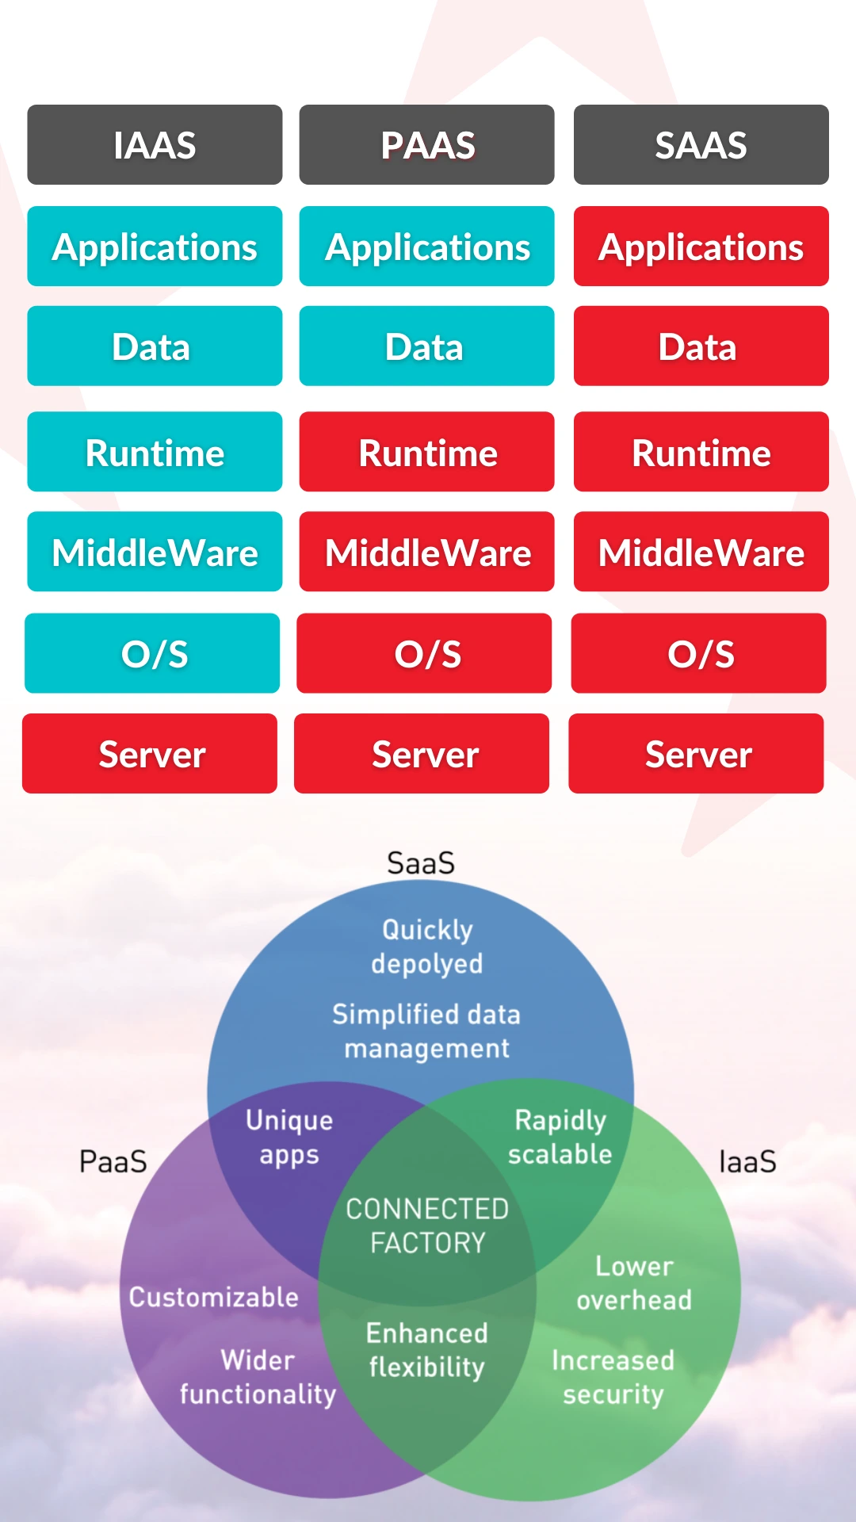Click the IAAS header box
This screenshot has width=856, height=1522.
[x=155, y=145]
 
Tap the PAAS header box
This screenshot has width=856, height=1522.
[x=426, y=145]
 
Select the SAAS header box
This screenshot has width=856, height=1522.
[x=701, y=145]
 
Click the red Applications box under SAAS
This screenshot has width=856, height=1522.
[x=701, y=247]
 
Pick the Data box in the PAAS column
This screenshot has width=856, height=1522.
[x=426, y=346]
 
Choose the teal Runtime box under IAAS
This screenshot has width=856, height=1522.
[x=155, y=452]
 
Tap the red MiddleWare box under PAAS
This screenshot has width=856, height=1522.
[x=426, y=552]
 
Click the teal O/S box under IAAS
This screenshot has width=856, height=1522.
[x=152, y=653]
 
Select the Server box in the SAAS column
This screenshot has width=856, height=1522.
[x=696, y=754]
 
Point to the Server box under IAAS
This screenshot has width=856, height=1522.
[x=150, y=754]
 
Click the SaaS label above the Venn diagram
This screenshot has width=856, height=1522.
[x=421, y=863]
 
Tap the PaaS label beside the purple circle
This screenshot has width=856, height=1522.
[x=113, y=1162]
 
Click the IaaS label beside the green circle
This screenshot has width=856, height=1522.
[x=747, y=1162]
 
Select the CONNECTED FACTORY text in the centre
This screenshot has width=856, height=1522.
[x=427, y=1226]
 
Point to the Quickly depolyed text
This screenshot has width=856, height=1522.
[x=427, y=946]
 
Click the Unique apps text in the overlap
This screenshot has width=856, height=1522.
[x=289, y=1138]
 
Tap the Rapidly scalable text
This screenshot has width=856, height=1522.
[x=560, y=1138]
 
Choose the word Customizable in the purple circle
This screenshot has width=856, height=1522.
[x=214, y=1298]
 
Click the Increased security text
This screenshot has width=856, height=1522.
[x=613, y=1378]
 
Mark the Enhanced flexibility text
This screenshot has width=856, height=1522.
[x=427, y=1350]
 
